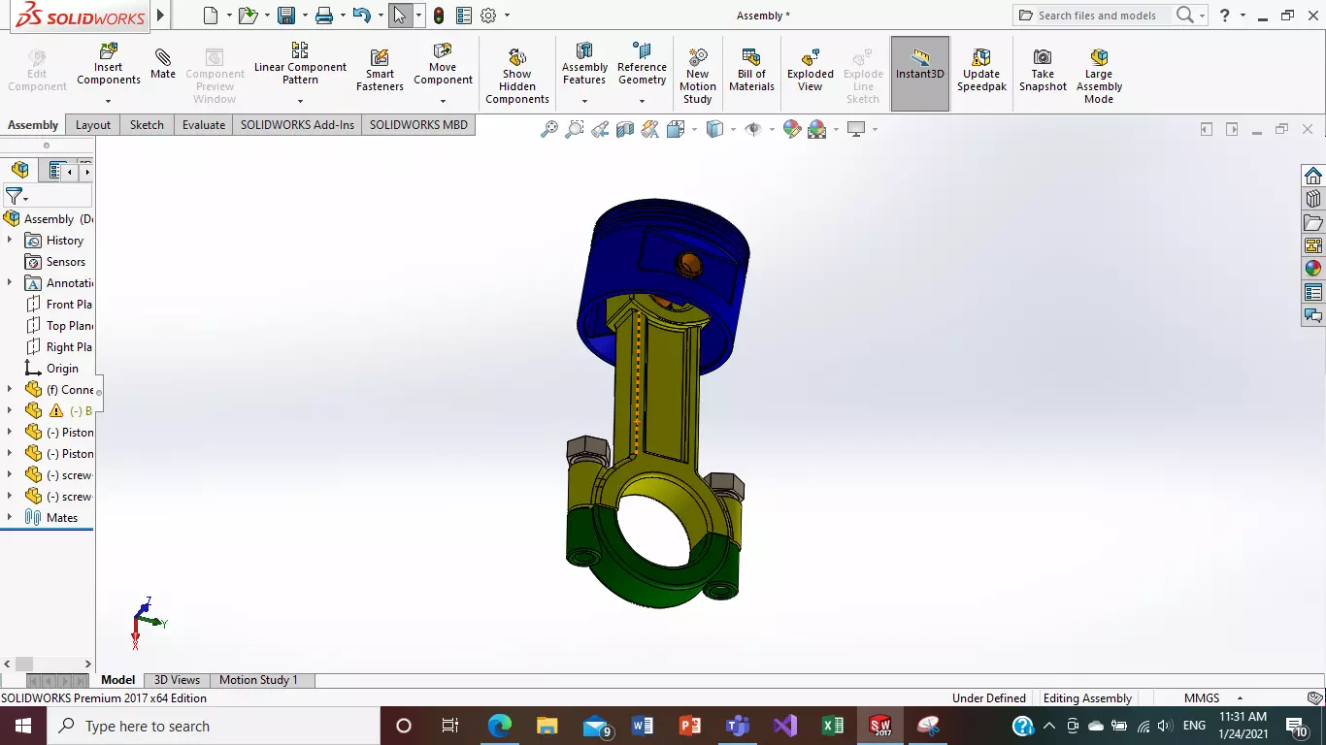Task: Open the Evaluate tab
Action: point(204,125)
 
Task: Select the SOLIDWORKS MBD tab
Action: point(418,125)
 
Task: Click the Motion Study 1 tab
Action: point(258,680)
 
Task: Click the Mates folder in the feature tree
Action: point(61,518)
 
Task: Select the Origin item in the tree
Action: point(62,369)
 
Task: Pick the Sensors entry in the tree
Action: point(65,262)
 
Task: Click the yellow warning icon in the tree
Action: point(56,411)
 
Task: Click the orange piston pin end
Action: point(690,262)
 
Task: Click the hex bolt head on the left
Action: point(586,449)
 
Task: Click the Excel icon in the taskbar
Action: point(833,726)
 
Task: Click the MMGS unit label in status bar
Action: point(1202,698)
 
